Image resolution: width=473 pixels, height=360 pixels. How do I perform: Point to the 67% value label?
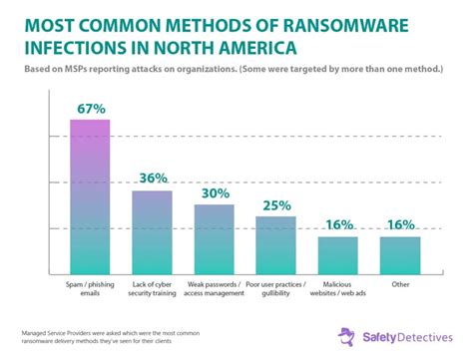point(89,107)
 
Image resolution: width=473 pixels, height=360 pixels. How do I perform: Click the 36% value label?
point(152,178)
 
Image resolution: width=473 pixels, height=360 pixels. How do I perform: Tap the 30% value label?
point(214,191)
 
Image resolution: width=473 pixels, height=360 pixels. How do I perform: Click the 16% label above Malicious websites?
point(337,224)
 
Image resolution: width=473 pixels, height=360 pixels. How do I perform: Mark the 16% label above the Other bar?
point(399,224)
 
